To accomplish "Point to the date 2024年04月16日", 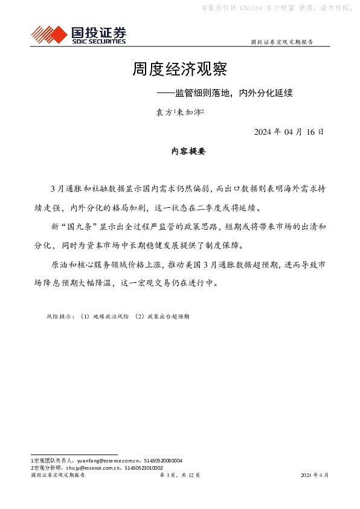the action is pos(289,132).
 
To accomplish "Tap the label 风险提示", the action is pos(60,316).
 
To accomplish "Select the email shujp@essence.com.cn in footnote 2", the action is pos(91,467).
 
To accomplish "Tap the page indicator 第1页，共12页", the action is pos(179,475).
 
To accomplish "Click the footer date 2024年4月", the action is pos(315,475).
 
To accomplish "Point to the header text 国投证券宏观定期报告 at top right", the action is pos(282,42).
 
